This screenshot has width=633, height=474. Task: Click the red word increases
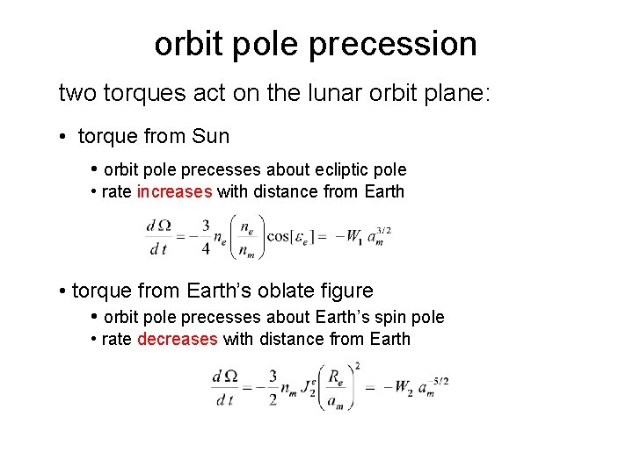(x=174, y=191)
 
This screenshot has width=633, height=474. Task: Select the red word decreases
(x=177, y=339)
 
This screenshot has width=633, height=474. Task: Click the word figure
(x=342, y=291)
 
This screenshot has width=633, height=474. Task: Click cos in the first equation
(x=279, y=236)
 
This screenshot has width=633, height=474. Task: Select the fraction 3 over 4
(x=205, y=236)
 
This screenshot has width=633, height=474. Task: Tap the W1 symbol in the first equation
(x=353, y=236)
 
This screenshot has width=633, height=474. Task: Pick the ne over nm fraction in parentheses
(x=247, y=236)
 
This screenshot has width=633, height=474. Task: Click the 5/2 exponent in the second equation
(x=440, y=380)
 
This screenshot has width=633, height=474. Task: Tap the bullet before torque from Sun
(x=64, y=137)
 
